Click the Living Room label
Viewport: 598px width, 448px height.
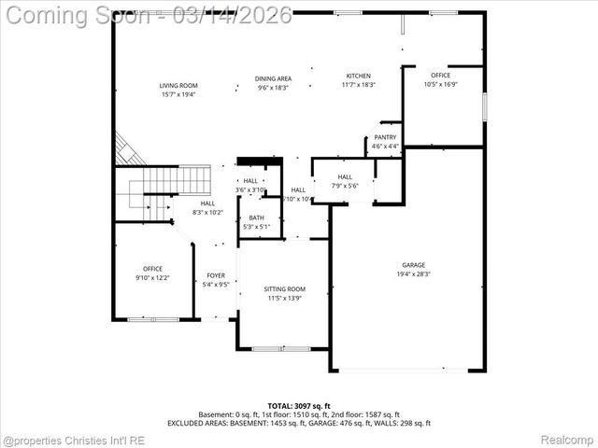pos(178,86)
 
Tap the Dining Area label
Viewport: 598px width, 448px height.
pos(273,78)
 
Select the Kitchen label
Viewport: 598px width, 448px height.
pos(359,76)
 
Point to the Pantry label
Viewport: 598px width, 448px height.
pos(385,137)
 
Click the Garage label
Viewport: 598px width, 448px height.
pos(413,265)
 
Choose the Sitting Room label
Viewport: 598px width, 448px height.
pos(284,289)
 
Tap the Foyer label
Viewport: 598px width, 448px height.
pos(216,275)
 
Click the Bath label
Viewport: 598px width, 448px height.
pos(256,217)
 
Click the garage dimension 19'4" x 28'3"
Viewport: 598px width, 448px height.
pos(413,274)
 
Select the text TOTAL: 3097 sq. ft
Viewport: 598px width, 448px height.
pos(298,406)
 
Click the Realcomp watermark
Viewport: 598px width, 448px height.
pos(567,439)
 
